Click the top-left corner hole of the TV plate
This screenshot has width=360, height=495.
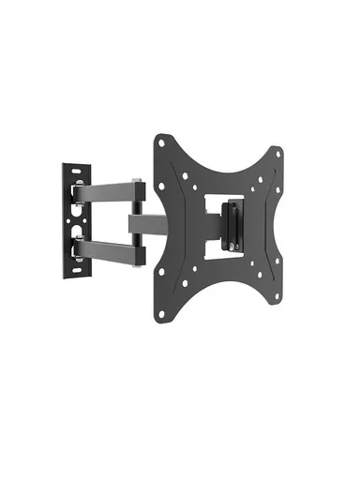tap(162, 142)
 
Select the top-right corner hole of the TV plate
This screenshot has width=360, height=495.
tap(277, 149)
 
